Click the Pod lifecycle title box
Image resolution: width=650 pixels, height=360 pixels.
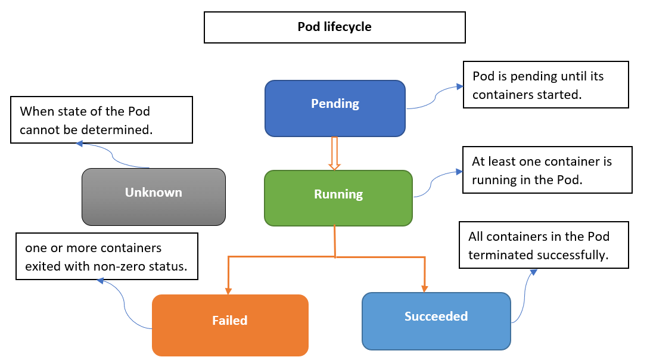pos(335,27)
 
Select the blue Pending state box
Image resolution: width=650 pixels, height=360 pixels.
pos(335,108)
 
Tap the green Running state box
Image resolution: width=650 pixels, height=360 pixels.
pos(338,198)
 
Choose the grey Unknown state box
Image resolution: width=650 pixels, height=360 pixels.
pos(153,197)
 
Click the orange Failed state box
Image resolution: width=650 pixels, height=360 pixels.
pos(230,325)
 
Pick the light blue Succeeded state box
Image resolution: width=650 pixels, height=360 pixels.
pos(436,321)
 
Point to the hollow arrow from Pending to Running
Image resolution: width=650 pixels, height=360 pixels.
pos(335,153)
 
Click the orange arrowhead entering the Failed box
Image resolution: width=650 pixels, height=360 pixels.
pos(228,291)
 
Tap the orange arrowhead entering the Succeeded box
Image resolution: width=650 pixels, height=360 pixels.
pos(424,289)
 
